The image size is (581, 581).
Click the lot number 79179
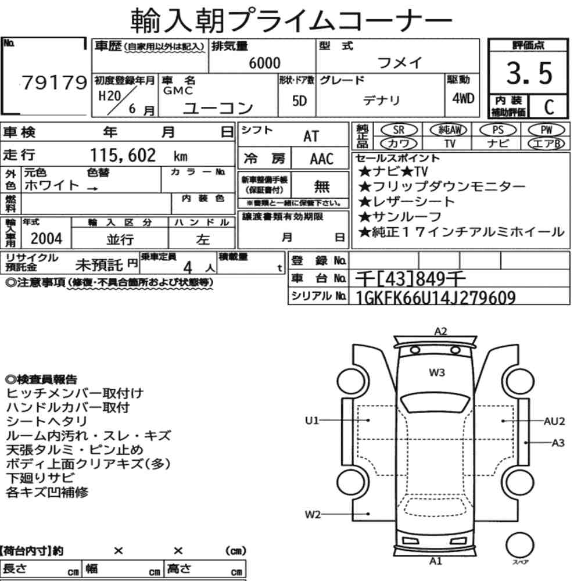(55, 83)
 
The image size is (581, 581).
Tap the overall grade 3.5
(529, 73)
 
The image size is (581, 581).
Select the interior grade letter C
(549, 107)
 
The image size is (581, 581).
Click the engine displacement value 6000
(264, 63)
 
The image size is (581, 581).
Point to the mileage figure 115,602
(123, 155)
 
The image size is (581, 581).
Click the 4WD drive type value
(463, 98)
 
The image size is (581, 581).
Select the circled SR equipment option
(399, 130)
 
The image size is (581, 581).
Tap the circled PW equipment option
(546, 130)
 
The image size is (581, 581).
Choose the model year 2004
(46, 238)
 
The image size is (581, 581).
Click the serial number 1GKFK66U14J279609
(435, 297)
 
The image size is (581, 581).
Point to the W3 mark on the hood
(437, 372)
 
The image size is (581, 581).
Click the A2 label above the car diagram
(440, 331)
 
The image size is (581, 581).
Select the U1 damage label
(311, 421)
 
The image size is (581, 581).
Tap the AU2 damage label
(554, 421)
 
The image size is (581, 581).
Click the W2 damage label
(313, 514)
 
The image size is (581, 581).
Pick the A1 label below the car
(436, 561)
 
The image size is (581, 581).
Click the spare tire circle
(519, 546)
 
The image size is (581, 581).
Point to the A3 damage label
(558, 443)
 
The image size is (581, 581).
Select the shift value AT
(311, 137)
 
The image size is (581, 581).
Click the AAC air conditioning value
(322, 159)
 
